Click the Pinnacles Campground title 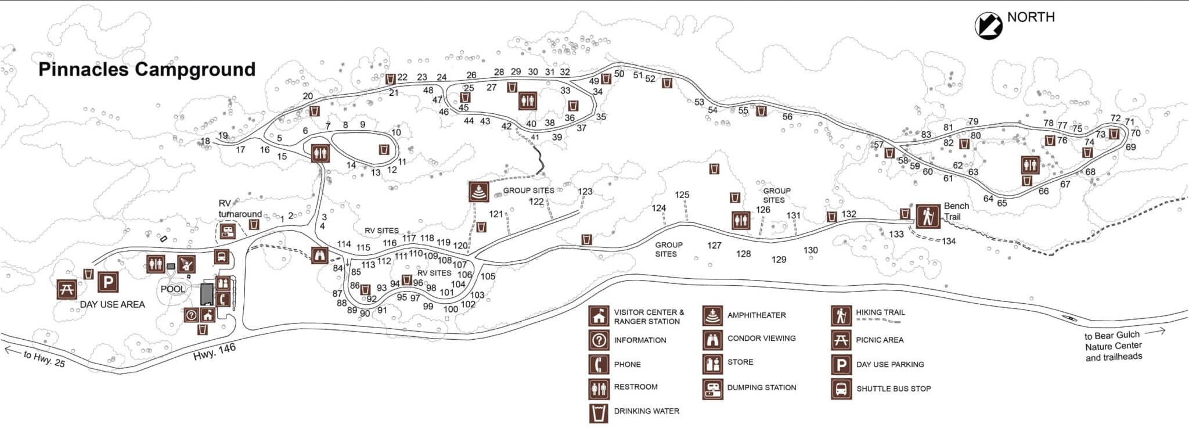click(147, 70)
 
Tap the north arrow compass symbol click(988, 26)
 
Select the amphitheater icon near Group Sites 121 click(479, 192)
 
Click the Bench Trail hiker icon click(928, 217)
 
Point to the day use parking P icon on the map click(108, 282)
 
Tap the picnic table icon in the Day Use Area click(67, 289)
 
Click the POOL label click(172, 289)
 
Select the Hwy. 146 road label click(214, 351)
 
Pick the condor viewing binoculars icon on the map click(320, 255)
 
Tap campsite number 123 click(585, 191)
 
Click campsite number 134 click(949, 241)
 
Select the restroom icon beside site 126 click(741, 221)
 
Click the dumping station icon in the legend click(712, 389)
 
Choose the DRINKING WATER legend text click(646, 411)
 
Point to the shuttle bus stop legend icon click(841, 389)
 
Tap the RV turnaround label click(239, 208)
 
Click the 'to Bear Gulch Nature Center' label click(1113, 346)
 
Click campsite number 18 click(205, 141)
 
